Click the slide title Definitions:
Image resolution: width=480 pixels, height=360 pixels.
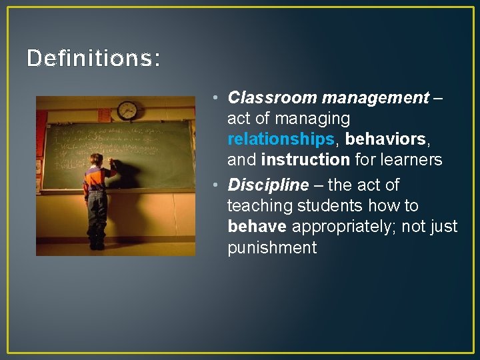93,59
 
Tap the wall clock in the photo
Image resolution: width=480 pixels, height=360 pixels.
127,110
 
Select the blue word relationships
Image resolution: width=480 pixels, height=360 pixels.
280,139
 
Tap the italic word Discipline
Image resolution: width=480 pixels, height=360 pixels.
269,185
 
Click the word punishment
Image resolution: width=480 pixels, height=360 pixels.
272,248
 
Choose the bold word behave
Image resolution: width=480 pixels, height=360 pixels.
257,227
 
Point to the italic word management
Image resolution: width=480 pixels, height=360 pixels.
375,98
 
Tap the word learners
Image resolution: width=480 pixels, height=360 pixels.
413,160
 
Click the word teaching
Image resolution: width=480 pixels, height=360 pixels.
257,205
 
